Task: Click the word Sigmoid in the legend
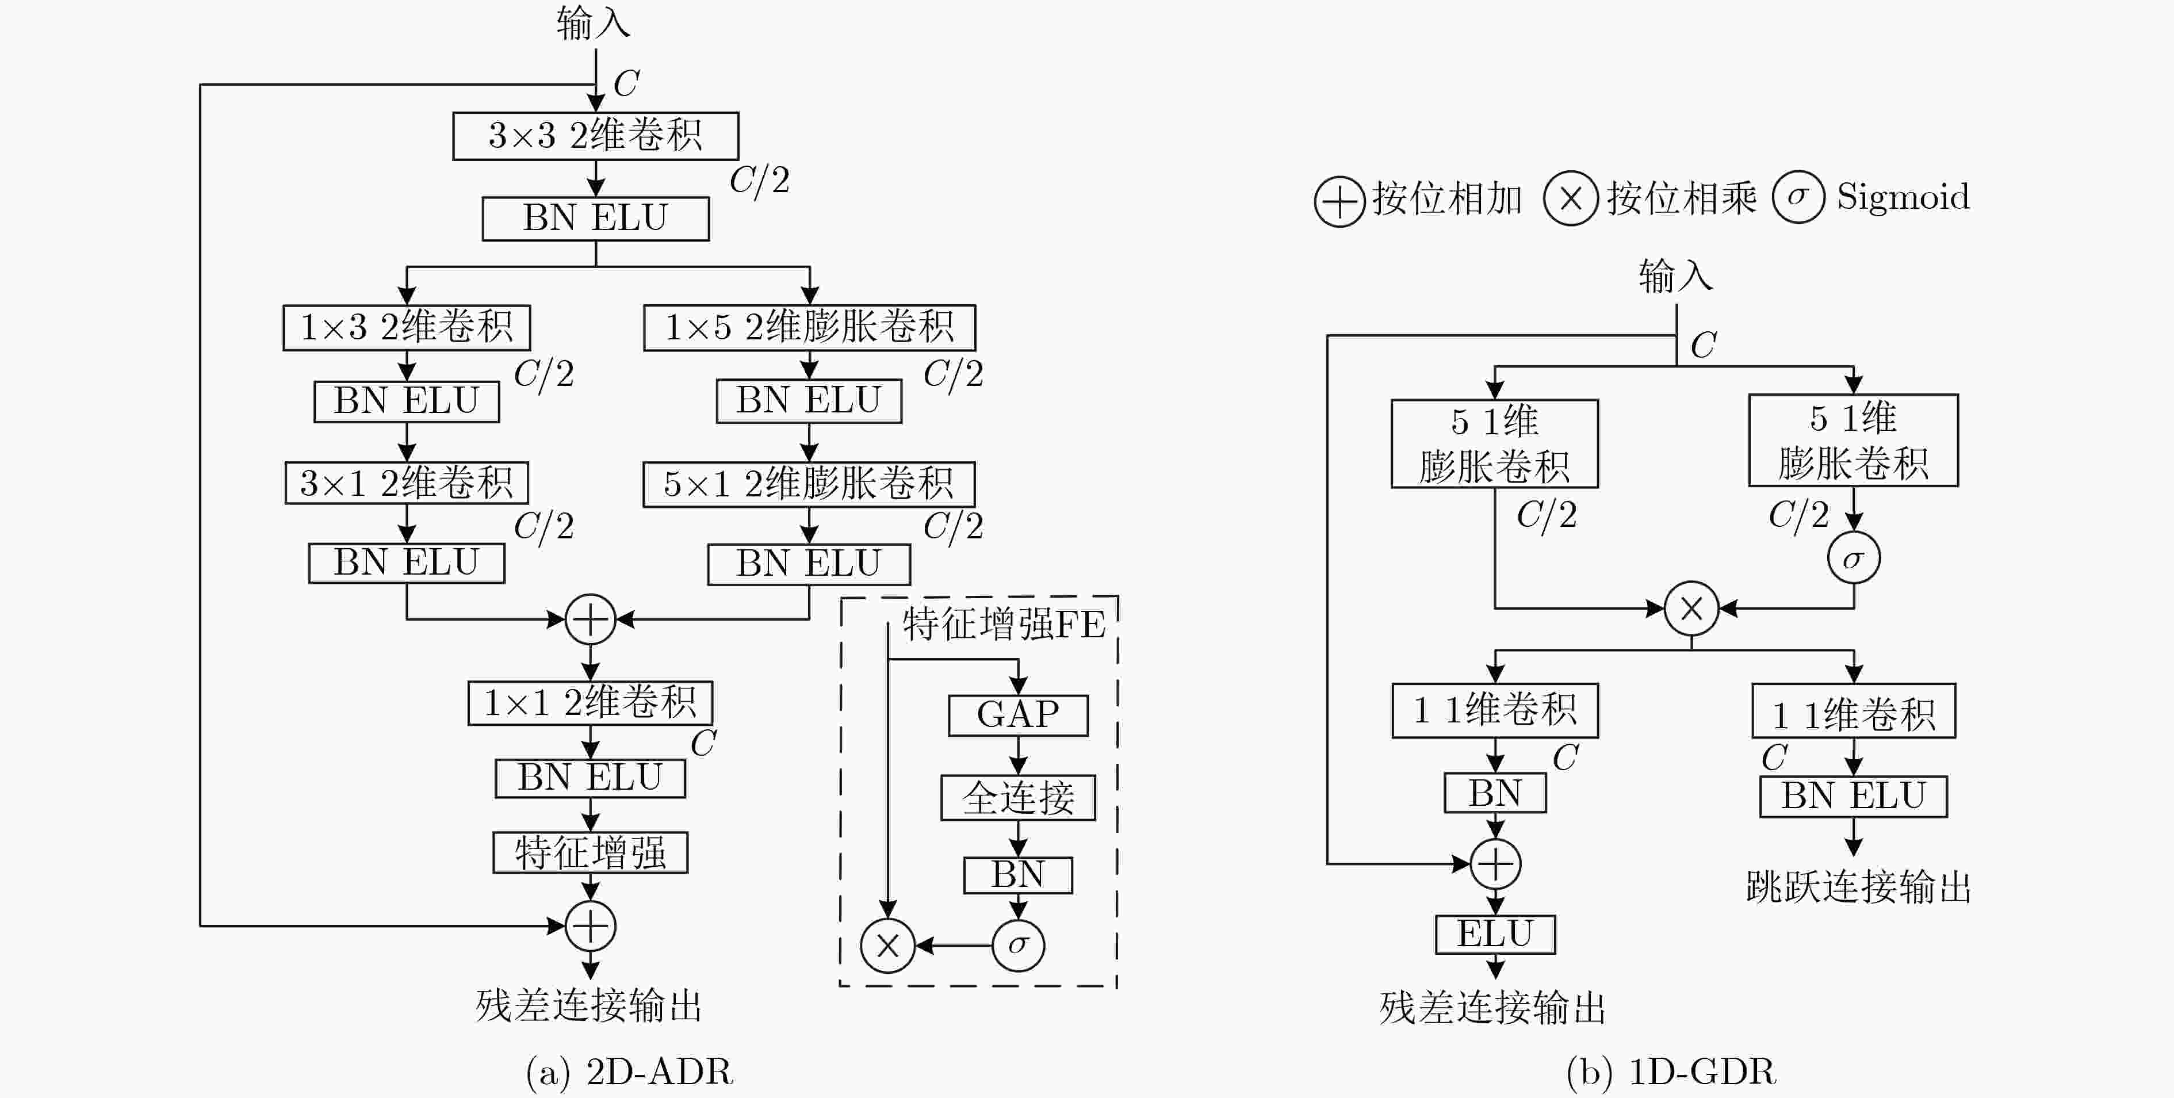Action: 1903,197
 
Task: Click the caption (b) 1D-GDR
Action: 1671,1072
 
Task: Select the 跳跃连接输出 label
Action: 1858,887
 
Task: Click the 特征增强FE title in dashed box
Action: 1004,625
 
